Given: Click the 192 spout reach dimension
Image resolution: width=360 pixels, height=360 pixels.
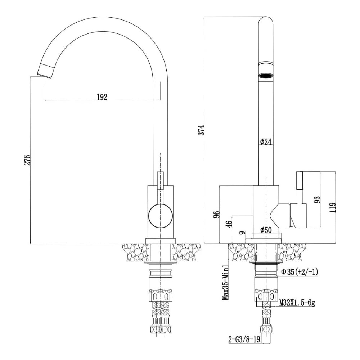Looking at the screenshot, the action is (102, 97).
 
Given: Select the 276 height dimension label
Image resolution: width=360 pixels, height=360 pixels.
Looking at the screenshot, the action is (27, 160).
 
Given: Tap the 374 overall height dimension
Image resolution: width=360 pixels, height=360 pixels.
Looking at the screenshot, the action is (201, 130).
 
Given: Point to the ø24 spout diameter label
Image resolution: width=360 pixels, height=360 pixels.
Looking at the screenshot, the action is (266, 142).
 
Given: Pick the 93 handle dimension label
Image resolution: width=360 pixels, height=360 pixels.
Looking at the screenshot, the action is (317, 199).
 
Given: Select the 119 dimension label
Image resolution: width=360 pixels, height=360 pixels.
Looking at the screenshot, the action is (333, 207).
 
